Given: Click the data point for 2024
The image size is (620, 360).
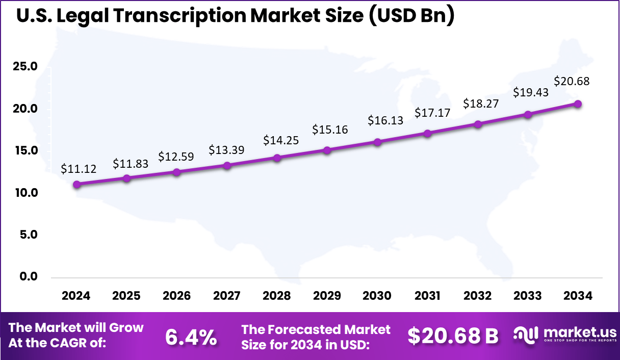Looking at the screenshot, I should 76,184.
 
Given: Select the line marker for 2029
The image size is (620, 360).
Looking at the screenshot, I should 327,150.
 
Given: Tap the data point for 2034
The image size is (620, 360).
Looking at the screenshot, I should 578,104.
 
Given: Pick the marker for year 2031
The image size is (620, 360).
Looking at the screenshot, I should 427,133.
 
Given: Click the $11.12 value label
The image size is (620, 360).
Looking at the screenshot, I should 79,169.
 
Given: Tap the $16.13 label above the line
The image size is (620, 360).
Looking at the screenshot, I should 385,120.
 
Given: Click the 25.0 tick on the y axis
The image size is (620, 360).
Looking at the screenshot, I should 25,67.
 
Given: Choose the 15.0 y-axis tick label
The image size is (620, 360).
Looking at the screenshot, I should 25,150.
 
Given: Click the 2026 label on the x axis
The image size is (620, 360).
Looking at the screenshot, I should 176,296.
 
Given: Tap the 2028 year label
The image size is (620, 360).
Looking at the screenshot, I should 277,296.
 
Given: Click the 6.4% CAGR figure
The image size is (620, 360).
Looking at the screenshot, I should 191,337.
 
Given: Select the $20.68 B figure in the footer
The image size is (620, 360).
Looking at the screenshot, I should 453,337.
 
